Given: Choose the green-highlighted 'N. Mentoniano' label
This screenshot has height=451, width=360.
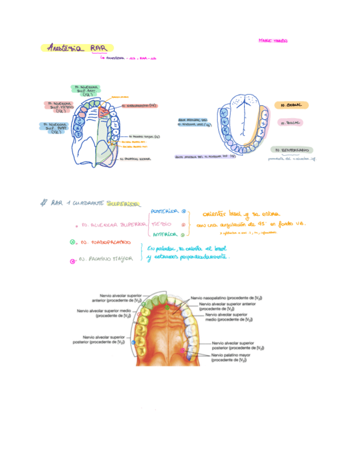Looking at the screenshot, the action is [x=291, y=151].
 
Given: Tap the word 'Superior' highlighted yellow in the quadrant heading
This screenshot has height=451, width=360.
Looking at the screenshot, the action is [x=124, y=203].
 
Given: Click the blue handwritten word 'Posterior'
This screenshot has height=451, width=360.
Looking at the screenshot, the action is [x=164, y=211].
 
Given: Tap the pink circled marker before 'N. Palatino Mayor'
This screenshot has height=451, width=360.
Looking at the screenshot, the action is [x=72, y=261].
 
